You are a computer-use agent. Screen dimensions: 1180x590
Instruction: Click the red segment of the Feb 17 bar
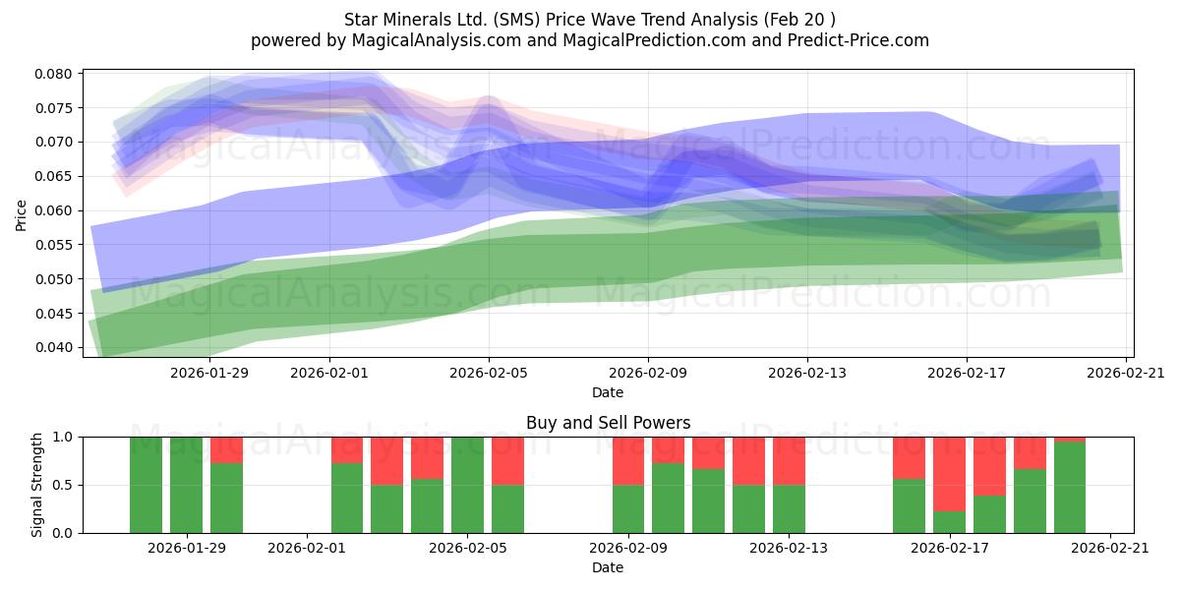pos(949,474)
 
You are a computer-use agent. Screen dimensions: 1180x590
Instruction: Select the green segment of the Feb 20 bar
pos(1070,488)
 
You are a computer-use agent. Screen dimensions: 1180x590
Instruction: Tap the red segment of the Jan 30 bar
pos(226,450)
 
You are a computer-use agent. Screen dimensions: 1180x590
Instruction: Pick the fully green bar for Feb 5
pos(467,485)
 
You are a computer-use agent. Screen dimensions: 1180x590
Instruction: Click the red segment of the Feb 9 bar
pos(628,461)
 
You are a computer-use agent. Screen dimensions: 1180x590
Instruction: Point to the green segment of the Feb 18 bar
pos(989,514)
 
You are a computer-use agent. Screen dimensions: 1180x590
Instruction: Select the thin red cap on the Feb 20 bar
pos(1070,440)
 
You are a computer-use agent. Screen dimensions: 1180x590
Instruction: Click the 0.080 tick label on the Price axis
pos(53,74)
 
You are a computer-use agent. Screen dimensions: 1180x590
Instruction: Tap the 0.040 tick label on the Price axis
pos(53,347)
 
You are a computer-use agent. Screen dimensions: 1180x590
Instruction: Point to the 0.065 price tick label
pos(53,176)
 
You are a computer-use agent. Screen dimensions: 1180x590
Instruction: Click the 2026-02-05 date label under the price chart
pos(489,373)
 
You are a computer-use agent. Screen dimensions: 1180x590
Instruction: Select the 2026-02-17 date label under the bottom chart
pos(950,548)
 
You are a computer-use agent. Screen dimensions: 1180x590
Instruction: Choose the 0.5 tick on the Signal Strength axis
pos(63,485)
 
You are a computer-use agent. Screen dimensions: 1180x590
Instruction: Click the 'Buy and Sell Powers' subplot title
pos(608,423)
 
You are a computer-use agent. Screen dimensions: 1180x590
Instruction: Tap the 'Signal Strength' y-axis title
pos(36,485)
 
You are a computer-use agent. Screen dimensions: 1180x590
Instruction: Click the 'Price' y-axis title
pos(21,215)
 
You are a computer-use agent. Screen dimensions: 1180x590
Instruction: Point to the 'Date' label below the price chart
pos(608,392)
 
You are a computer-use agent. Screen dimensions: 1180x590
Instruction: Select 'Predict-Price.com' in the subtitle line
pos(858,40)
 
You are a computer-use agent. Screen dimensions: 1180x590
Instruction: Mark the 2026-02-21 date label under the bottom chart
pos(1110,548)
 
